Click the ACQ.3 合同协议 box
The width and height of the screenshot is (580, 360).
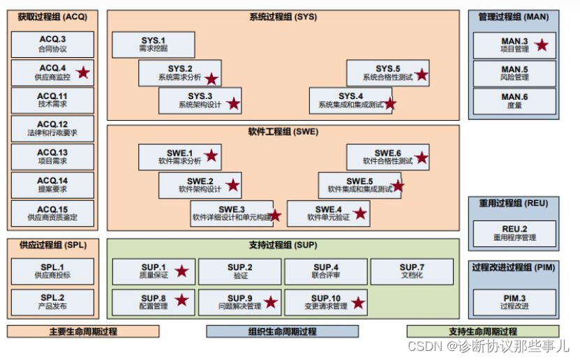coord(52,44)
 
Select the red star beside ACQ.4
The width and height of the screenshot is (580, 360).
coord(84,72)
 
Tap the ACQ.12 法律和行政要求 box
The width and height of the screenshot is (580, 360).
coord(52,128)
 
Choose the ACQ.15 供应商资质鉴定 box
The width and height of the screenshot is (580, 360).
coord(52,213)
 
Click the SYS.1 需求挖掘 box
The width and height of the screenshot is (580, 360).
coord(154,44)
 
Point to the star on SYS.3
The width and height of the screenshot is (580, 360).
coord(233,104)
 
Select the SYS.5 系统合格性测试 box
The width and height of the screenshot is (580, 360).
coord(387,73)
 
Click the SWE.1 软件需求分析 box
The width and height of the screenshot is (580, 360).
coord(179,156)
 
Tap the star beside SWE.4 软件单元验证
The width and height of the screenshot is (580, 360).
coord(360,213)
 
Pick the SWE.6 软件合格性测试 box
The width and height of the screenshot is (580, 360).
coord(387,156)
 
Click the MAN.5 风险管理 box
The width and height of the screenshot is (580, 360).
coord(514,73)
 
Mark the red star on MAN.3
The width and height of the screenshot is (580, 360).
coord(541,45)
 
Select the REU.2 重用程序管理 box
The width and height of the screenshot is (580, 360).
coord(514,233)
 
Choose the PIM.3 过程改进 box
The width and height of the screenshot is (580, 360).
coord(514,301)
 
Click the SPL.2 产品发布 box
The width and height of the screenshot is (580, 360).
coord(52,301)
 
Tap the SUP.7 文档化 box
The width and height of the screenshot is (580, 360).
coord(412,271)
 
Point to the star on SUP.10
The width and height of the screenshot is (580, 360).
coord(358,302)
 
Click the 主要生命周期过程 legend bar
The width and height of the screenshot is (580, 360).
coord(83,331)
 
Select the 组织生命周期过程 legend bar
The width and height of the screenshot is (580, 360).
coord(282,331)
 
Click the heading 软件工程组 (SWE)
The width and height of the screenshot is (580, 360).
coord(283,131)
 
